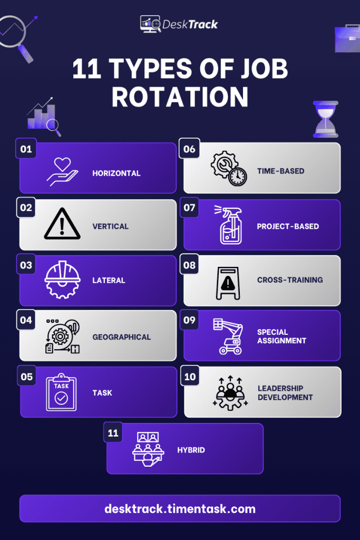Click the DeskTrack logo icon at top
[x=150, y=24]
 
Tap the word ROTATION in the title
[x=180, y=97]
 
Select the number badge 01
[x=26, y=149]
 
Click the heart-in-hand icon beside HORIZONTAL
[x=62, y=171]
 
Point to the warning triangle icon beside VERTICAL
[x=62, y=224]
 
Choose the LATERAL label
[x=109, y=281]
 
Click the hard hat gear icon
[x=62, y=279]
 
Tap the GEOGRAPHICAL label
[x=121, y=337]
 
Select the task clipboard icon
[x=61, y=392]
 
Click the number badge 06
[x=189, y=149]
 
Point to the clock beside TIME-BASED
[x=237, y=177]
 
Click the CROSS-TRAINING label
[x=290, y=280]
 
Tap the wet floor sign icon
[x=228, y=283]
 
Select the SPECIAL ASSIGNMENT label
[x=281, y=336]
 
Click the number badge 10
[x=190, y=377]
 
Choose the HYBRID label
[x=191, y=450]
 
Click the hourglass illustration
[x=326, y=119]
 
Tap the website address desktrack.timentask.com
[x=180, y=509]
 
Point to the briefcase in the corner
[x=347, y=38]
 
